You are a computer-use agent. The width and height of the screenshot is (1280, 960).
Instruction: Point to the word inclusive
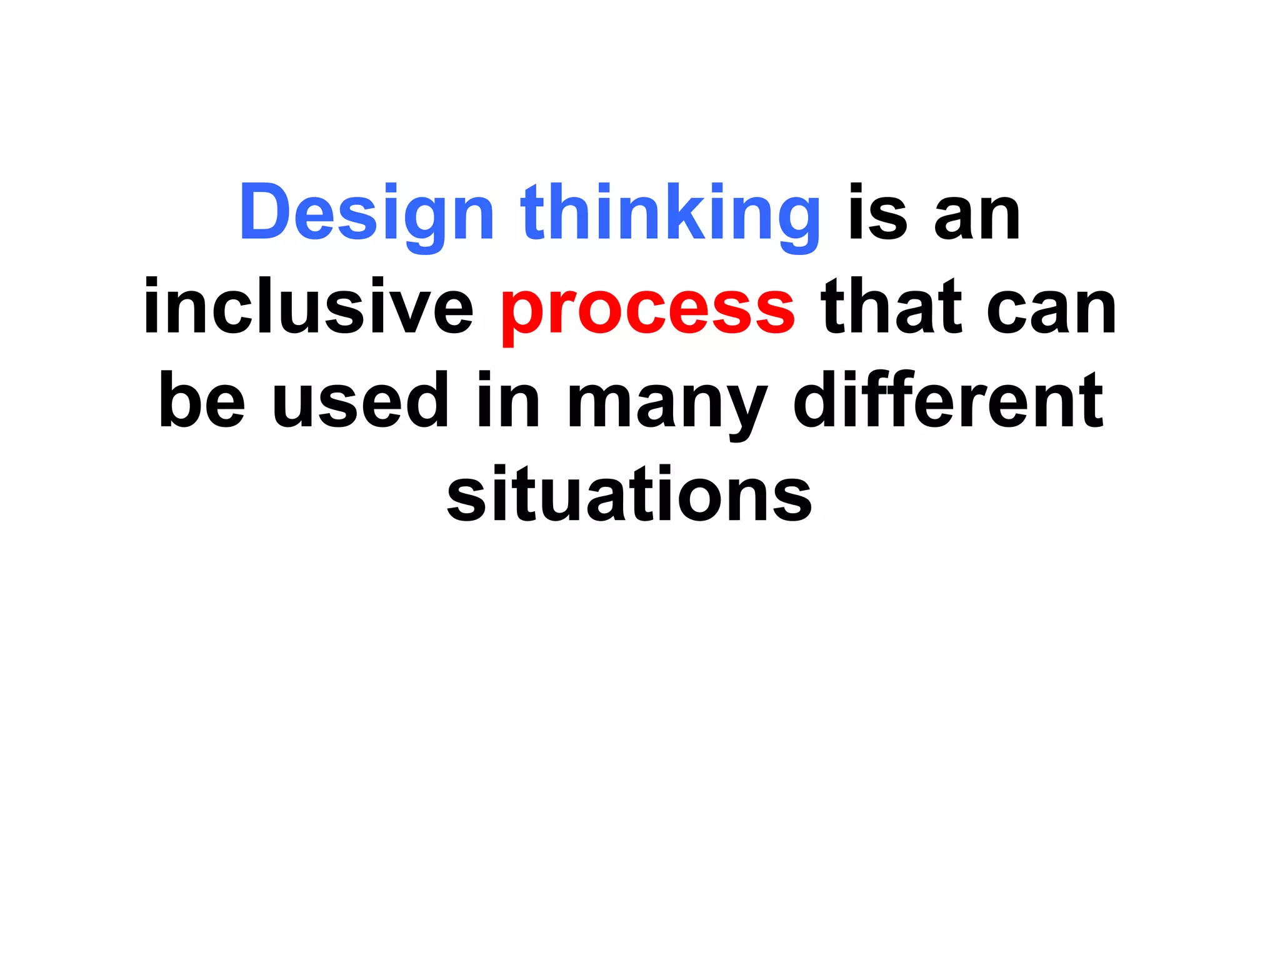(x=309, y=306)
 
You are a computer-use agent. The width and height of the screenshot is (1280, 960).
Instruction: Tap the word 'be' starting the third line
(x=202, y=400)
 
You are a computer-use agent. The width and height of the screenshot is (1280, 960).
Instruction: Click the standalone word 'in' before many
(x=508, y=400)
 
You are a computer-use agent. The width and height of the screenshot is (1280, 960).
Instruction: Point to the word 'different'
(x=948, y=400)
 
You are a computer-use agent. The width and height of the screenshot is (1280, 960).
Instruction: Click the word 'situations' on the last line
(x=629, y=494)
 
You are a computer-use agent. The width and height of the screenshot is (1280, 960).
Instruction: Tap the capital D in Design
(x=264, y=212)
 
